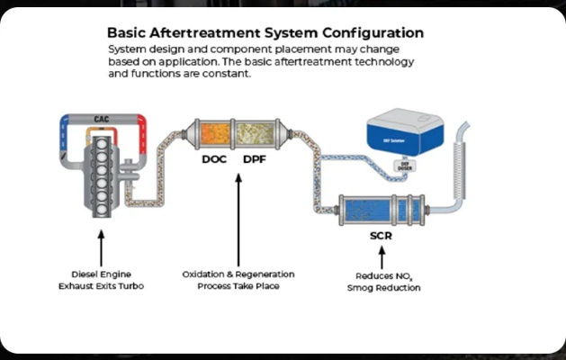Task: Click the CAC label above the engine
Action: [x=102, y=119]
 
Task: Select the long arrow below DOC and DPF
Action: [x=238, y=216]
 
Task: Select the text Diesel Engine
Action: [x=101, y=274]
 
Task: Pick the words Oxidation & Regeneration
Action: [x=238, y=274]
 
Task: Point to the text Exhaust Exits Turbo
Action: [x=101, y=285]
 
